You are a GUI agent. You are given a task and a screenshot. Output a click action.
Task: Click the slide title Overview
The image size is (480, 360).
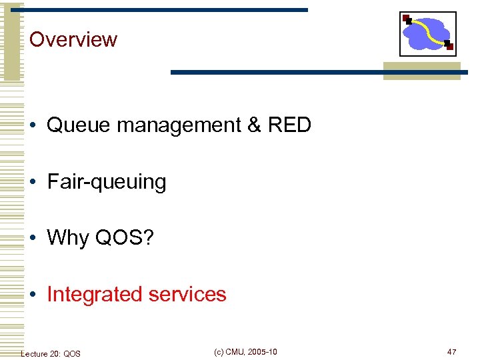point(73,39)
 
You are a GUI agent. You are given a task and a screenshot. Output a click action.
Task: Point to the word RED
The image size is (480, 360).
point(288,125)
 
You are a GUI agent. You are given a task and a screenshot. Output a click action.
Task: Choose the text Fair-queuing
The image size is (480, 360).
point(107,182)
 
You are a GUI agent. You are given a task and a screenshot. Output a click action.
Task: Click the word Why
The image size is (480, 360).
point(68,238)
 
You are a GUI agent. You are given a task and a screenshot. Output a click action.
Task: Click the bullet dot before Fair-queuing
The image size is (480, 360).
point(33,182)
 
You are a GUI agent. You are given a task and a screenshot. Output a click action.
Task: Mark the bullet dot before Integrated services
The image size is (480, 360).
point(33,295)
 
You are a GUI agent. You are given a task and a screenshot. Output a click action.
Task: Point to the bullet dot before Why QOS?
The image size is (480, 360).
point(33,238)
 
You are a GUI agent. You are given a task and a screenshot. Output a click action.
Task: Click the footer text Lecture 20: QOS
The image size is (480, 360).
point(51,353)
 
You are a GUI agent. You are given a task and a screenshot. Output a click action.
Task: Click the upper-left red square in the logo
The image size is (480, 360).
point(405,18)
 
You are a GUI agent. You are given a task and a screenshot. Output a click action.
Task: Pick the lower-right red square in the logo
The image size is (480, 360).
point(450,47)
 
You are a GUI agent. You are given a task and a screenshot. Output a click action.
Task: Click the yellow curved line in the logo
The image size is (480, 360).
point(428,31)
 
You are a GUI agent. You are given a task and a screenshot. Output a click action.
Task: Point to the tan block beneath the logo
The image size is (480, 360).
point(421,71)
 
